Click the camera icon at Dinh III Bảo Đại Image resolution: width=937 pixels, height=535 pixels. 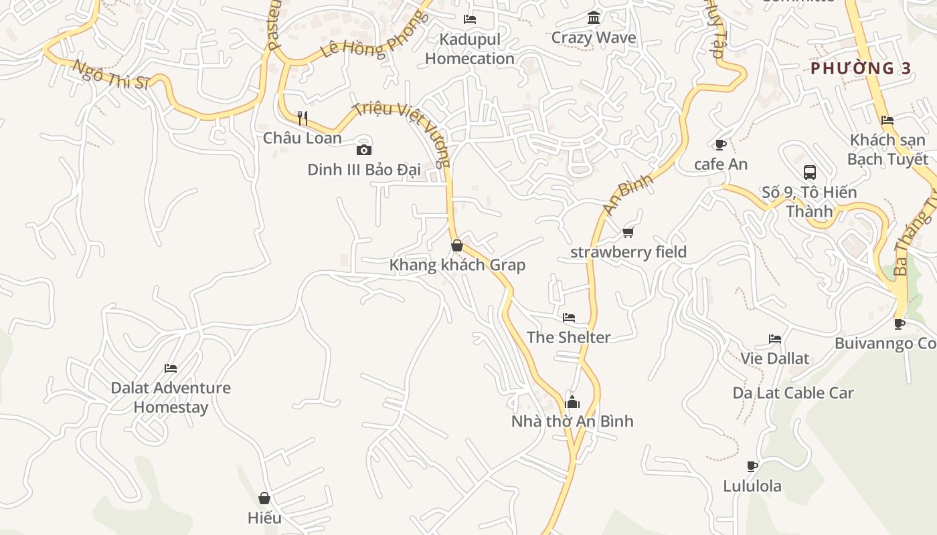[x=364, y=150]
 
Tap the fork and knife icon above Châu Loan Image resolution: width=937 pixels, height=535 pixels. [x=303, y=118]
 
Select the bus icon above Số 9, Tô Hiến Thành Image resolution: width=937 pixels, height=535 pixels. [x=810, y=173]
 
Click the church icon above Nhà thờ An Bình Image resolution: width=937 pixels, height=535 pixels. [x=572, y=401]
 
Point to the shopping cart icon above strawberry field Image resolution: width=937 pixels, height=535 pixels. [x=628, y=232]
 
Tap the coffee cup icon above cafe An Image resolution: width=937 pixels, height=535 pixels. [x=721, y=144]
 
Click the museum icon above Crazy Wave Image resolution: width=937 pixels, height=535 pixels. [x=594, y=17]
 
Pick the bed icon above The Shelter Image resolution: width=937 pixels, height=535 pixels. [x=569, y=317]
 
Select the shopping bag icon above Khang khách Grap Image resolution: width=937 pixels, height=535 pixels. [x=457, y=245]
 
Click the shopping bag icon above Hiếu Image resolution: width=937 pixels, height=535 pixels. [x=264, y=498]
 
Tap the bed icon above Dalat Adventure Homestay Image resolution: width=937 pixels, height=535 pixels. [x=171, y=368]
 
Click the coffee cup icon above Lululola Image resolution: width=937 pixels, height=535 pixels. [x=752, y=466]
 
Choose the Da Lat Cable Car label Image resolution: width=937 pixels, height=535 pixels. [x=793, y=393]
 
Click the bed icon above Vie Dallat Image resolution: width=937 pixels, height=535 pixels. [x=775, y=339]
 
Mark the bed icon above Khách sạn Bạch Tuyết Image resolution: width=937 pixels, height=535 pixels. [x=887, y=120]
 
